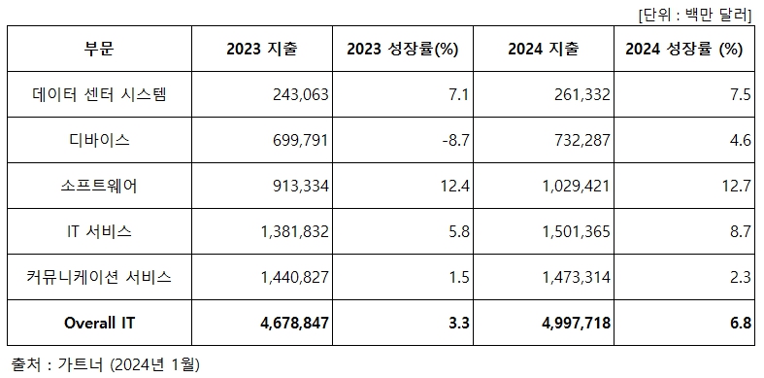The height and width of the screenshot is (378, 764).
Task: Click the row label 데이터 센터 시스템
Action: (100, 95)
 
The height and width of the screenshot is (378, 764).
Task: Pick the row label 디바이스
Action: (100, 141)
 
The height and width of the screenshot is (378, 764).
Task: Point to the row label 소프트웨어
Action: (100, 187)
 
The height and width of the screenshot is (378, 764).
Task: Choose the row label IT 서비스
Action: (100, 232)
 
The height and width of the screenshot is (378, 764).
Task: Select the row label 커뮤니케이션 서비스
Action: (100, 278)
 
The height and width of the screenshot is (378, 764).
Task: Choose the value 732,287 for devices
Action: (580, 141)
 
